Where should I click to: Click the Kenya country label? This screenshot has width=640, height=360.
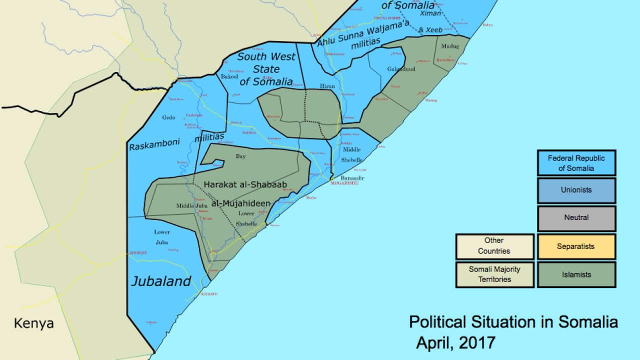pos(33,323)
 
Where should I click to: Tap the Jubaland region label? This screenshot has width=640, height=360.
pos(160,281)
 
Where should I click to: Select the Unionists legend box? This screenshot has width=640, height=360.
pos(576,190)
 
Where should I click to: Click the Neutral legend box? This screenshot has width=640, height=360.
pos(576,218)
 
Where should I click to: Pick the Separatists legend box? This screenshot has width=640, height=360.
pos(576,246)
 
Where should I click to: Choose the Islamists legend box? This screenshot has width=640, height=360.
pos(576,274)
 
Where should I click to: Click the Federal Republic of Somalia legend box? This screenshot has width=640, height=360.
pos(576,163)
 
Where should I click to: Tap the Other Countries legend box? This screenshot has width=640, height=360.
pos(494,246)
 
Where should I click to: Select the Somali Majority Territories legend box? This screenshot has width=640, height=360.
pos(494,274)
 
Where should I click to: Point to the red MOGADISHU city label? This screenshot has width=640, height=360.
pos(344,183)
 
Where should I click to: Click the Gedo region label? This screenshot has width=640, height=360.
pos(168,118)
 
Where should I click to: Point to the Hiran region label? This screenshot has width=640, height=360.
pos(327,86)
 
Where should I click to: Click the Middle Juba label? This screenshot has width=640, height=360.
pos(191,205)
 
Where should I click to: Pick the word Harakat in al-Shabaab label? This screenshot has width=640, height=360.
pos(223,184)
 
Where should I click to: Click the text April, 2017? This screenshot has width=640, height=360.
pos(455,343)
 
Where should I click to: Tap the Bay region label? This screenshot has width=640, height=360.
pos(241,156)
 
